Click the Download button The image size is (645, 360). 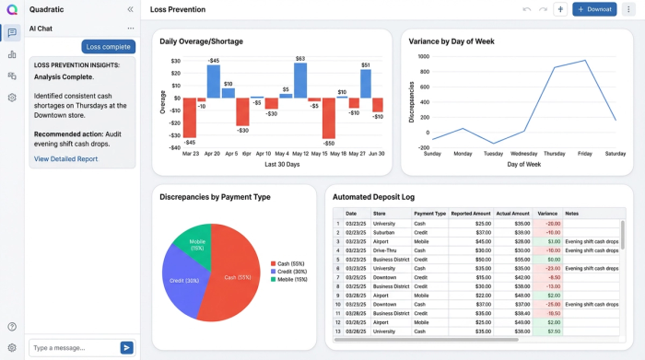click(x=594, y=9)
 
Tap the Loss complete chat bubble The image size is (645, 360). click(x=109, y=47)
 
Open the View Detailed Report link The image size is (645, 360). click(x=65, y=159)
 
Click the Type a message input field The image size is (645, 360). click(x=73, y=347)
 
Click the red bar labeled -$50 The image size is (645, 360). click(x=329, y=118)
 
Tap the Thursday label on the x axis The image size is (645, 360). click(x=555, y=154)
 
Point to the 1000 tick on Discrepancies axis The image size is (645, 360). click(x=422, y=56)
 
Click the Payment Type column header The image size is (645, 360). click(x=429, y=214)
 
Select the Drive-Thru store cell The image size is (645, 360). click(x=385, y=250)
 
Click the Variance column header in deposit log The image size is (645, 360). click(x=547, y=214)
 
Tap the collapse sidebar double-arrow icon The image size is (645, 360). click(x=130, y=9)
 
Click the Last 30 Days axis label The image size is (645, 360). click(x=283, y=164)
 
